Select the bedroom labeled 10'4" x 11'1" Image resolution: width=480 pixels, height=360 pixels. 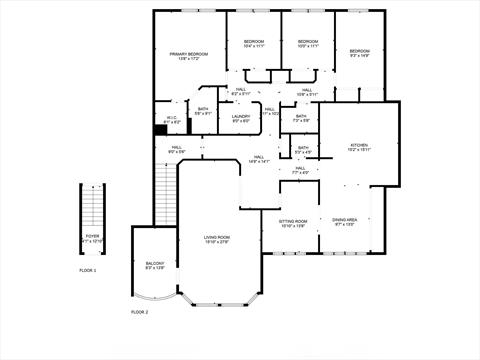click(x=252, y=44)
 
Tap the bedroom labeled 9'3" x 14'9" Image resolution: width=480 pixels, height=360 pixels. click(x=359, y=52)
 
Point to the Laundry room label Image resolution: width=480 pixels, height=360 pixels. click(x=241, y=118)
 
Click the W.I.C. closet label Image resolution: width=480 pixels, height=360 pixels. click(x=172, y=119)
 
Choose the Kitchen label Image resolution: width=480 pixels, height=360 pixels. click(x=358, y=147)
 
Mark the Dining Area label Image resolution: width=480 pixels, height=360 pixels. click(x=344, y=222)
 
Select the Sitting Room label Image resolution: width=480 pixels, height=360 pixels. click(x=292, y=222)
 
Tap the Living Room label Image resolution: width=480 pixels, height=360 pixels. click(x=217, y=239)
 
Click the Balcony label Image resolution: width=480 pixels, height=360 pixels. click(x=155, y=265)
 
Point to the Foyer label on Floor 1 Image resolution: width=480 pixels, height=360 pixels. click(x=92, y=238)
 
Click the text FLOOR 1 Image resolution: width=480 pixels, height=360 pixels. click(x=89, y=271)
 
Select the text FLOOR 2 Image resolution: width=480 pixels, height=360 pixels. click(x=139, y=312)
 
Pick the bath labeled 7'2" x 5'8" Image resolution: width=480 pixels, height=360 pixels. click(x=301, y=118)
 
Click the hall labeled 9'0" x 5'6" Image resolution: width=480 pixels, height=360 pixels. click(x=176, y=150)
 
